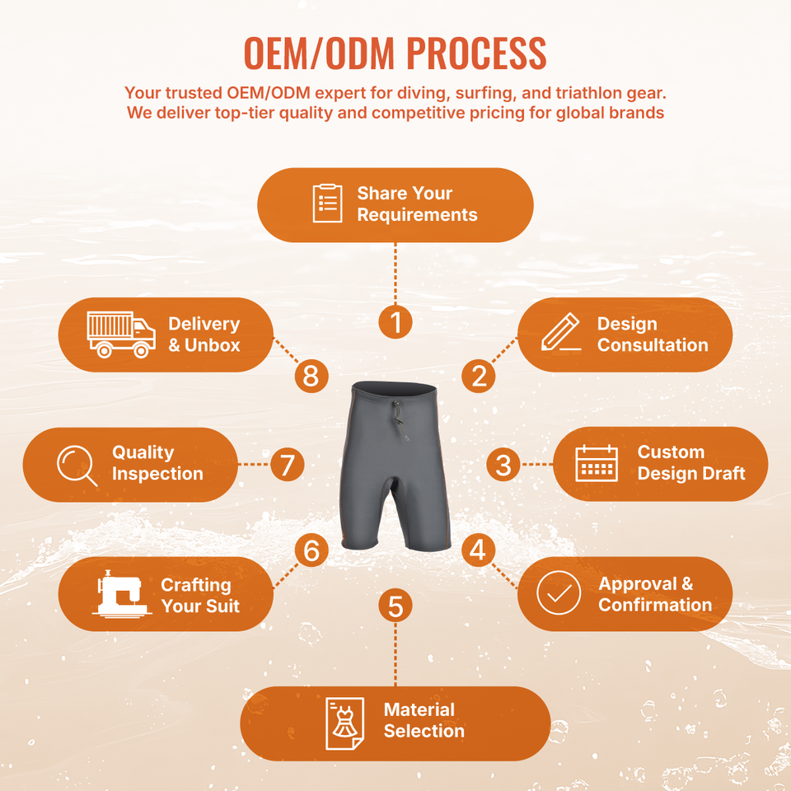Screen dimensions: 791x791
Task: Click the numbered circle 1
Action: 395,322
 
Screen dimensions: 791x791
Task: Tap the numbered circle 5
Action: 395,606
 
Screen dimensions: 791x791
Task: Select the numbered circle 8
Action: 311,376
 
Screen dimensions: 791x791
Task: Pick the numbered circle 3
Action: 503,464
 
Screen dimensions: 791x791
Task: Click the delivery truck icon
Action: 121,335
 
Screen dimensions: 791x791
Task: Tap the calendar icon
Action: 597,463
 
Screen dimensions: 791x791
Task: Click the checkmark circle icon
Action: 559,592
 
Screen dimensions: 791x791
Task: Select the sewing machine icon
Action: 122,594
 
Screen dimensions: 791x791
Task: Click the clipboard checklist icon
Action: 327,204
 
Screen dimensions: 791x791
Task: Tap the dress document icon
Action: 344,723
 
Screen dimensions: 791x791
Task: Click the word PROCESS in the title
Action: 476,53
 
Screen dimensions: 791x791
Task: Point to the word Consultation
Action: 653,345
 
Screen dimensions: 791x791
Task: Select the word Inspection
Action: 157,475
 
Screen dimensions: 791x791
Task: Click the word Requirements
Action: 417,215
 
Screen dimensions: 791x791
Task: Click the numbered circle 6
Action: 311,550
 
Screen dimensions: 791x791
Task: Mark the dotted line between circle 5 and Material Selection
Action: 395,655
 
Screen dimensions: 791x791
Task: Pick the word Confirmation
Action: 655,605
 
